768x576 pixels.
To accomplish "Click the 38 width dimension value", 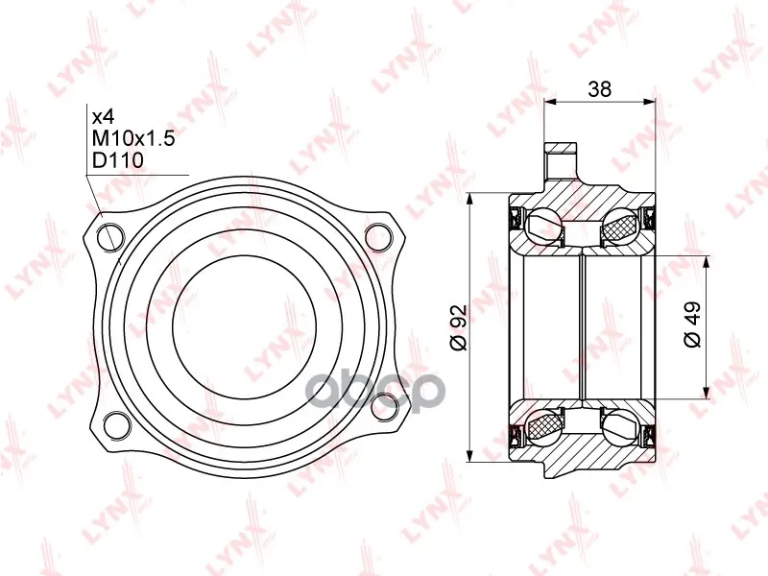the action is tap(599, 89).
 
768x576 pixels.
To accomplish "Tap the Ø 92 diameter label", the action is tap(459, 327).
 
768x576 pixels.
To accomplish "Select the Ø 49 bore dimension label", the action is tap(692, 324).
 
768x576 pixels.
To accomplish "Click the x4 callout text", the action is tap(104, 117).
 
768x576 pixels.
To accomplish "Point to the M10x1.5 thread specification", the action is tap(133, 138).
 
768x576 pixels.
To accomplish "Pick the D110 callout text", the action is tap(118, 160).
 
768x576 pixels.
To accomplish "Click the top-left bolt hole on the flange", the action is tap(109, 237).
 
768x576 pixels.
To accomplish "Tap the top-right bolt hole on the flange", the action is tap(379, 237).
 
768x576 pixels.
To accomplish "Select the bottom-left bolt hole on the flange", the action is tap(117, 423).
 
